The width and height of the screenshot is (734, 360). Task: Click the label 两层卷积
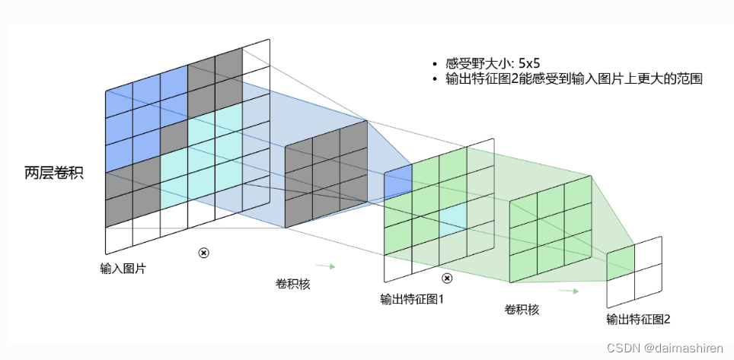(x=53, y=173)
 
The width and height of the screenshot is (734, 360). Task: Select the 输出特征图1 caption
(x=411, y=299)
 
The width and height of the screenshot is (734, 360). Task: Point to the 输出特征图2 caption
(x=638, y=319)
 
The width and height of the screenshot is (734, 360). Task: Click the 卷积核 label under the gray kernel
(x=292, y=283)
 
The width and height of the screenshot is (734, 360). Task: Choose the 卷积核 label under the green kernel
(x=522, y=309)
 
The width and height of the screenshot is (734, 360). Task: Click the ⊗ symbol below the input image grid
(x=203, y=253)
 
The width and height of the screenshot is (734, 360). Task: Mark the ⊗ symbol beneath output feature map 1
(x=447, y=279)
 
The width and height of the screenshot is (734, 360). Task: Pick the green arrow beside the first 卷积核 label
(x=326, y=266)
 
